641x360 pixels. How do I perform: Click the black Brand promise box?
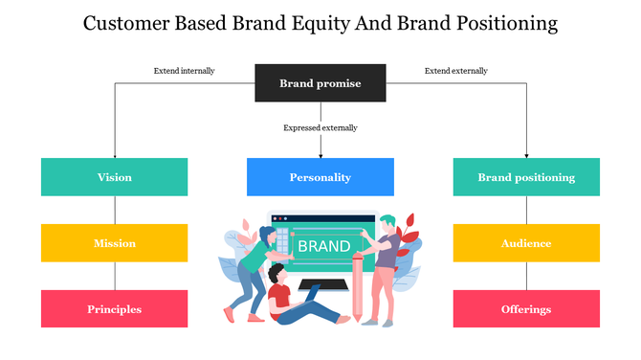click(x=320, y=83)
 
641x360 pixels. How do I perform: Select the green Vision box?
click(x=115, y=177)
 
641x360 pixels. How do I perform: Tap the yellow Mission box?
click(x=115, y=243)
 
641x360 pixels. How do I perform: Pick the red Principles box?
click(x=115, y=309)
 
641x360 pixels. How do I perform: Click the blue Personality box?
click(x=320, y=177)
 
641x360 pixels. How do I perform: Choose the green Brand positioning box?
click(x=526, y=177)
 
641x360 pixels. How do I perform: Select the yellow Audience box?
click(x=526, y=243)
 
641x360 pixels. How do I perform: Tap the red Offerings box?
click(x=526, y=309)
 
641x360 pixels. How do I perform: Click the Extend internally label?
click(x=185, y=70)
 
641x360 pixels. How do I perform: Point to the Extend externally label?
click(x=456, y=70)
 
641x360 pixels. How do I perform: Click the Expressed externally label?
click(x=320, y=127)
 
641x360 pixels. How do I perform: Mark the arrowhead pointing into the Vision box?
click(x=115, y=154)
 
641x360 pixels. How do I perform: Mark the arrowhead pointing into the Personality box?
click(x=320, y=154)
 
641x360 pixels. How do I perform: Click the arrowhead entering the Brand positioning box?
click(x=526, y=154)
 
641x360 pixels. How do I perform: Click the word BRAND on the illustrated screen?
click(x=323, y=246)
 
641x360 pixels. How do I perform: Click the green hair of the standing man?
click(x=387, y=223)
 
